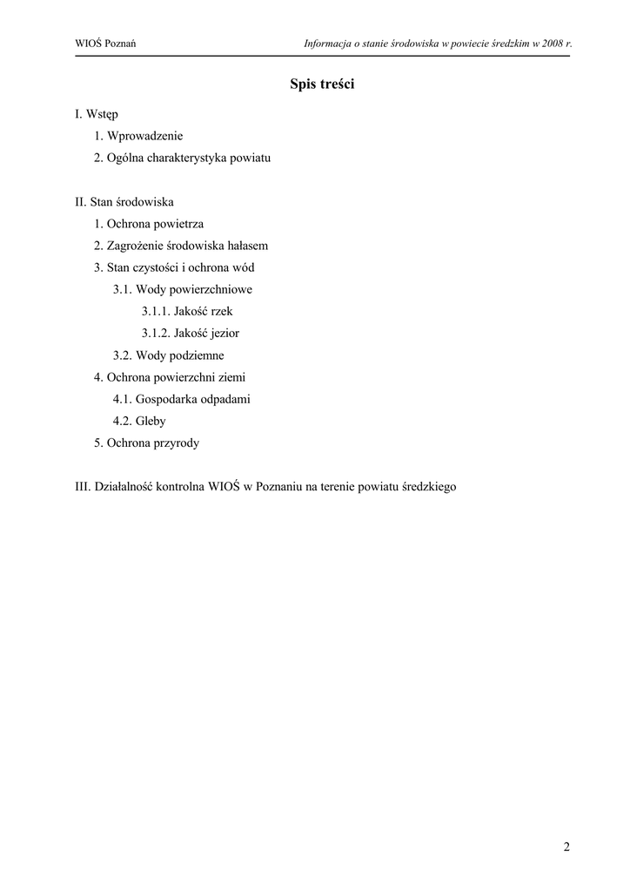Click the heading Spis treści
[322, 84]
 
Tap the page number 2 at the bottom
[566, 847]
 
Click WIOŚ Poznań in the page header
[111, 43]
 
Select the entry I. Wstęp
[97, 114]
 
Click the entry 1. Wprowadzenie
[139, 136]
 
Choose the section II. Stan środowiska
[124, 202]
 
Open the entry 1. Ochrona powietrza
[150, 224]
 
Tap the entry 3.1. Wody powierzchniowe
[183, 289]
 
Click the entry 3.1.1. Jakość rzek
[187, 311]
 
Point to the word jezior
[223, 333]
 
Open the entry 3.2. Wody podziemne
[168, 355]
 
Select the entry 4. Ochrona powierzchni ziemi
[171, 377]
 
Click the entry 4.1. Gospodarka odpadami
[182, 399]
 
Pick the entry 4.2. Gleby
[139, 421]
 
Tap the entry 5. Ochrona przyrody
[147, 443]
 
